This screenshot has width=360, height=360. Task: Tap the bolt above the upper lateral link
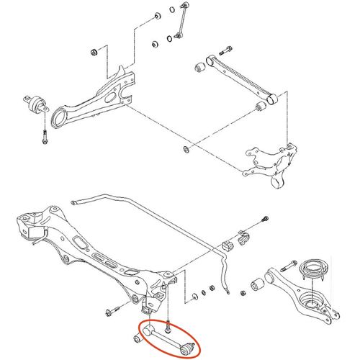pyautogui.click(x=224, y=53)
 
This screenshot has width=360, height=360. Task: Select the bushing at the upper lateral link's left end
pyautogui.click(x=202, y=68)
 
